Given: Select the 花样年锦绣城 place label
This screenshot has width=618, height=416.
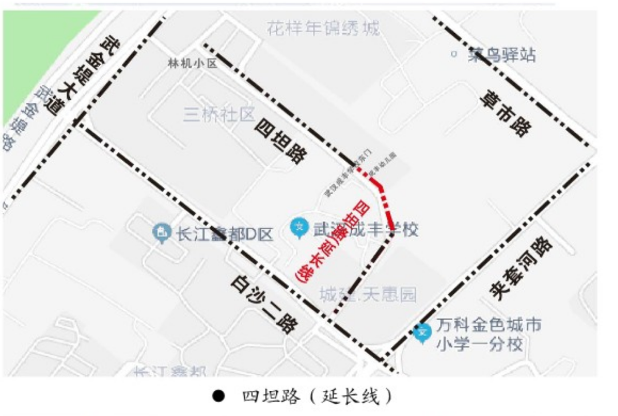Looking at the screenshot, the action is (323, 27).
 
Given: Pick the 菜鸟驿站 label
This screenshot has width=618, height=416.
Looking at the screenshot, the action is (502, 55).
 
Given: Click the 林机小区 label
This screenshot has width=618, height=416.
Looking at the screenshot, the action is (193, 63).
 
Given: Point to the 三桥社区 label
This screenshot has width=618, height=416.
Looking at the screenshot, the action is (219, 115).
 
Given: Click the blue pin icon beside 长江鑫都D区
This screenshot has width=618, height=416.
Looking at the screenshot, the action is (163, 232).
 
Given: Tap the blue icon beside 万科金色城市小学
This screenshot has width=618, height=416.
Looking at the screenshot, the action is (422, 333).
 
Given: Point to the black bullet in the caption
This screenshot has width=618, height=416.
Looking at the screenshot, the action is (217, 396).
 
